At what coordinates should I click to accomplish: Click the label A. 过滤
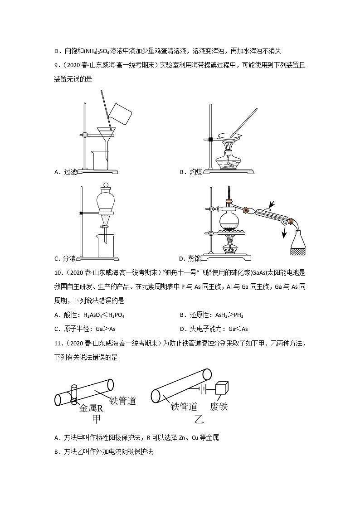tap(66, 172)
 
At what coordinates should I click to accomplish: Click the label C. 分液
tap(66, 258)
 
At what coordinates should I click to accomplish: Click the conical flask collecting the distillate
tap(299, 238)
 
